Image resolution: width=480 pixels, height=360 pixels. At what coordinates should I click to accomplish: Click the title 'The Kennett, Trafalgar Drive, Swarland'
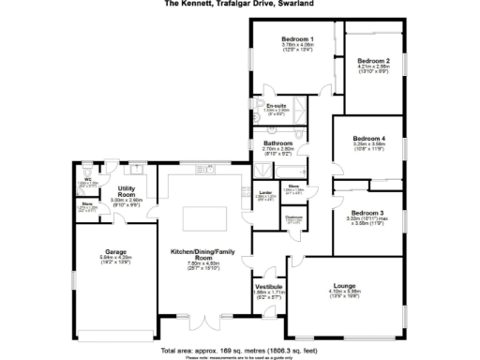point(239,4)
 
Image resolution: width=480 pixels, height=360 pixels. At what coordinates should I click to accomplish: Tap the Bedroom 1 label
point(297,39)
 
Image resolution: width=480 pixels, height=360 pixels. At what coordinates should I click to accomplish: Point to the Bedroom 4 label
point(370,138)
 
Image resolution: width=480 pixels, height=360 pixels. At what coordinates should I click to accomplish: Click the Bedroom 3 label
point(367,213)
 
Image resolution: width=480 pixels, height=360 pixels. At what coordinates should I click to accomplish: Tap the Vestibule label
point(268,286)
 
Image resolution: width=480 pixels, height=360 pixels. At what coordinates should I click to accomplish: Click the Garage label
point(116,252)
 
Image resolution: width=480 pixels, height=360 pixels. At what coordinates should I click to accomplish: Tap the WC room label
point(86,178)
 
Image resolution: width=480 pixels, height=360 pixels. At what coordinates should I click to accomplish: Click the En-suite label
point(275,106)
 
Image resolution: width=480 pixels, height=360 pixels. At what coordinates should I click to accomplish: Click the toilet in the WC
point(82,191)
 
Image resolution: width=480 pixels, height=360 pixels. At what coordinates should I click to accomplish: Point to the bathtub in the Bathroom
point(260,171)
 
